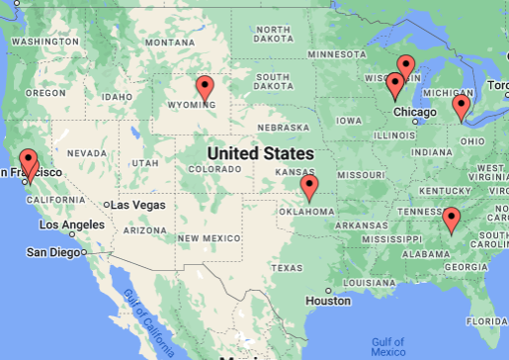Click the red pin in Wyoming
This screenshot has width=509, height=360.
[205, 89]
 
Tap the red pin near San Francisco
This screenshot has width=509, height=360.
[29, 161]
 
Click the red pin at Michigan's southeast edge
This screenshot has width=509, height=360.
[461, 107]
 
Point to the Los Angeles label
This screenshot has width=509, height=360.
[69, 225]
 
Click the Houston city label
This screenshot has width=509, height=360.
[328, 301]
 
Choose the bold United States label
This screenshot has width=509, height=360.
[260, 153]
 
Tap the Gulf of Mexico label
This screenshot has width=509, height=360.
[388, 347]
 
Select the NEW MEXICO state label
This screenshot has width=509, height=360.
[209, 238]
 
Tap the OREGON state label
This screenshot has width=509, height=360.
[46, 93]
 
